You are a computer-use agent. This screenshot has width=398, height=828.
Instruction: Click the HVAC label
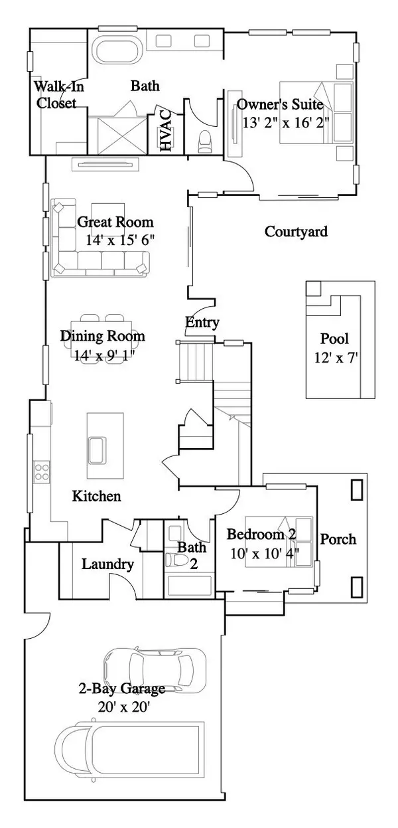tap(166, 131)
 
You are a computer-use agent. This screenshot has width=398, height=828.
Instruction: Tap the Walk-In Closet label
tap(56, 95)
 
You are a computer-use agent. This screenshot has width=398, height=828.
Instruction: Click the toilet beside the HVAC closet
tap(205, 140)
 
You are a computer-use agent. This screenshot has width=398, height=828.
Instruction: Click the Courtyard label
tap(296, 232)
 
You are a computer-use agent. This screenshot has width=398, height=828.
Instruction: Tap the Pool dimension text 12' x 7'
tap(336, 358)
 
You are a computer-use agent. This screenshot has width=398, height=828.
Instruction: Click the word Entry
tap(202, 323)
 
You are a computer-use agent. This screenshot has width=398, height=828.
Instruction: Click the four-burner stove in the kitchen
tap(41, 471)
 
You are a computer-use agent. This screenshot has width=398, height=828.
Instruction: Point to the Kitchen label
tap(96, 495)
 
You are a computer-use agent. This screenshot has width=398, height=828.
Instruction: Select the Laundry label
tap(107, 564)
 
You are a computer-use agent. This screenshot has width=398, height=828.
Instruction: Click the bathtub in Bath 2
tap(189, 586)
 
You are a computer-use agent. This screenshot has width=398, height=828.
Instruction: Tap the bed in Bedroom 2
tap(279, 541)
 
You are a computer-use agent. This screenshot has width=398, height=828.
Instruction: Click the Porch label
tap(338, 538)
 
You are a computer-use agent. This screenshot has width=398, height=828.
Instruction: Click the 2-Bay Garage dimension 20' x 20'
tap(123, 706)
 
